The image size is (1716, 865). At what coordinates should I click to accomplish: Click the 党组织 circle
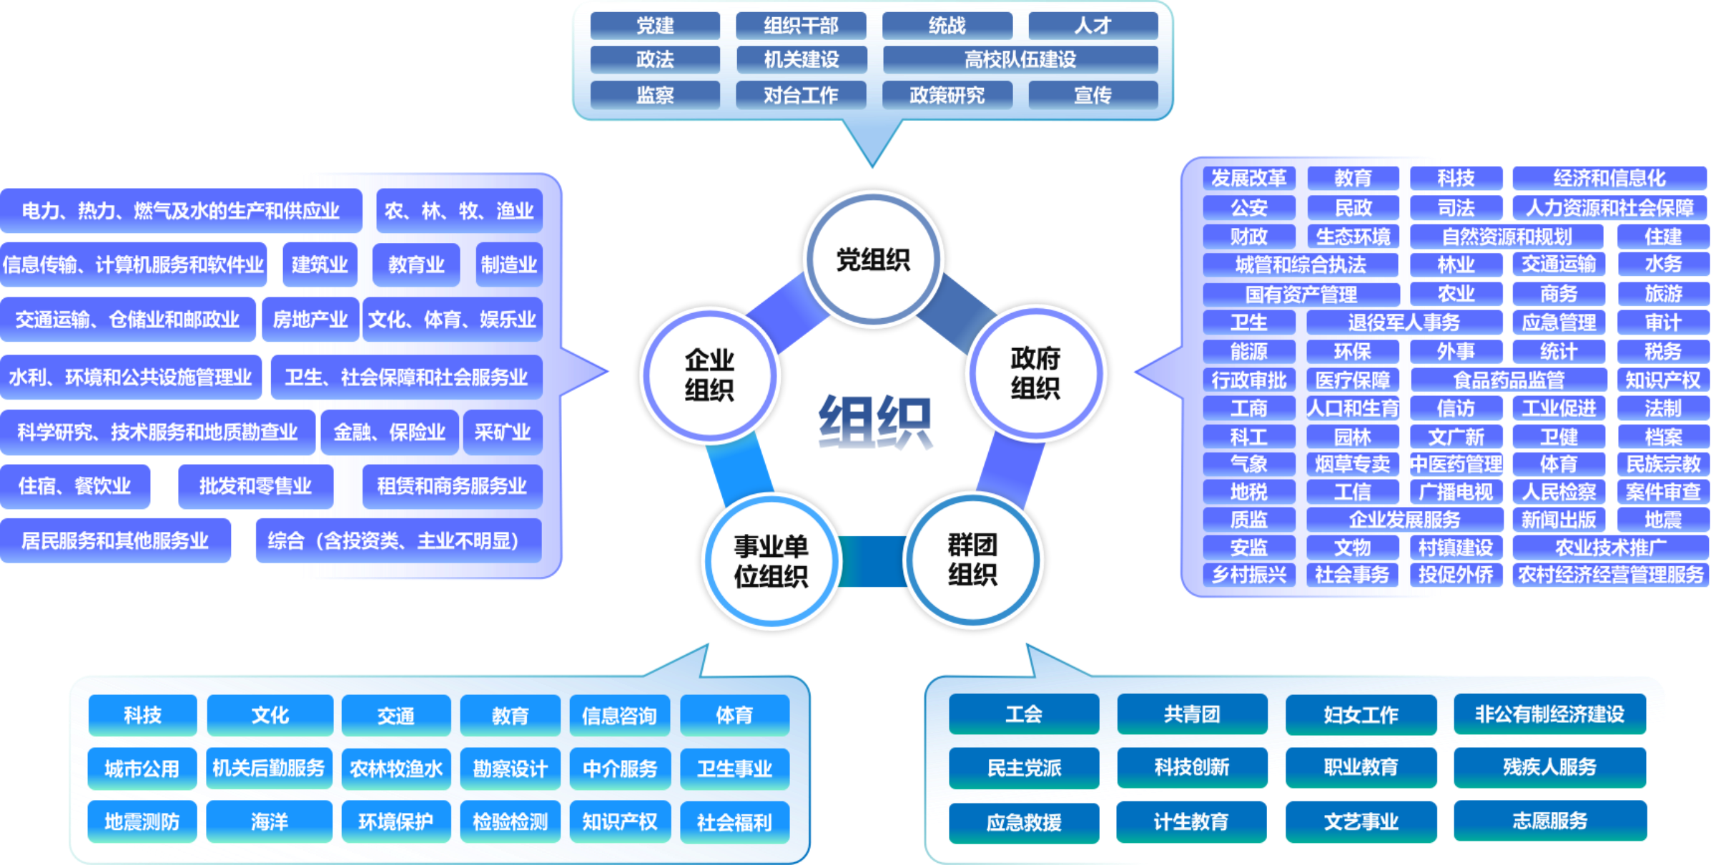coord(873,259)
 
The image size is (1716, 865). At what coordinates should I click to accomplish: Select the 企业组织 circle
coord(709,375)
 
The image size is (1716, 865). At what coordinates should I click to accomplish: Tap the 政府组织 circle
coord(1035,373)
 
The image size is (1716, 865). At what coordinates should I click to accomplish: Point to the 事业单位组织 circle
coord(771,561)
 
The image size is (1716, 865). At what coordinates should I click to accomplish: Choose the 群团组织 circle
coord(972,560)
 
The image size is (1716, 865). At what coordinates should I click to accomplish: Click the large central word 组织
coord(874,422)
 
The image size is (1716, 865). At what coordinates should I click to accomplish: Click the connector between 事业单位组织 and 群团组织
coord(872,561)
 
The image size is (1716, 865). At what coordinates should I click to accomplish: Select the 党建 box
coord(655,26)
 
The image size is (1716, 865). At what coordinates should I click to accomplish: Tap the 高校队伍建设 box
coord(1020,59)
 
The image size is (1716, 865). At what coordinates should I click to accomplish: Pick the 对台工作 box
coord(801,94)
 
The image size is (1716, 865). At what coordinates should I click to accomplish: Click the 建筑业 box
coord(320,265)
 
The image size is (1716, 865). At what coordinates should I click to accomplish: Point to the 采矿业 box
coord(502,432)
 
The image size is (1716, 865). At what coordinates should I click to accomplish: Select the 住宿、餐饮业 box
coord(75,486)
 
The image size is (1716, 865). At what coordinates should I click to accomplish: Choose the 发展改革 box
coord(1248,178)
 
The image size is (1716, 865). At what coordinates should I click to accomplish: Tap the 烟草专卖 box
coord(1352,464)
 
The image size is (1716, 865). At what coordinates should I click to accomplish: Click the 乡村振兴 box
coord(1248,574)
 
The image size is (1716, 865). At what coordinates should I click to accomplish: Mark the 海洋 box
coord(270,821)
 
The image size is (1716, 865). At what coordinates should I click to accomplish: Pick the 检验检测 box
coord(510,821)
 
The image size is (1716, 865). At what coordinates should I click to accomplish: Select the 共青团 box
coord(1192,714)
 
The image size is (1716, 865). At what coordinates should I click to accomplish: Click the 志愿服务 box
coord(1549,821)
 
